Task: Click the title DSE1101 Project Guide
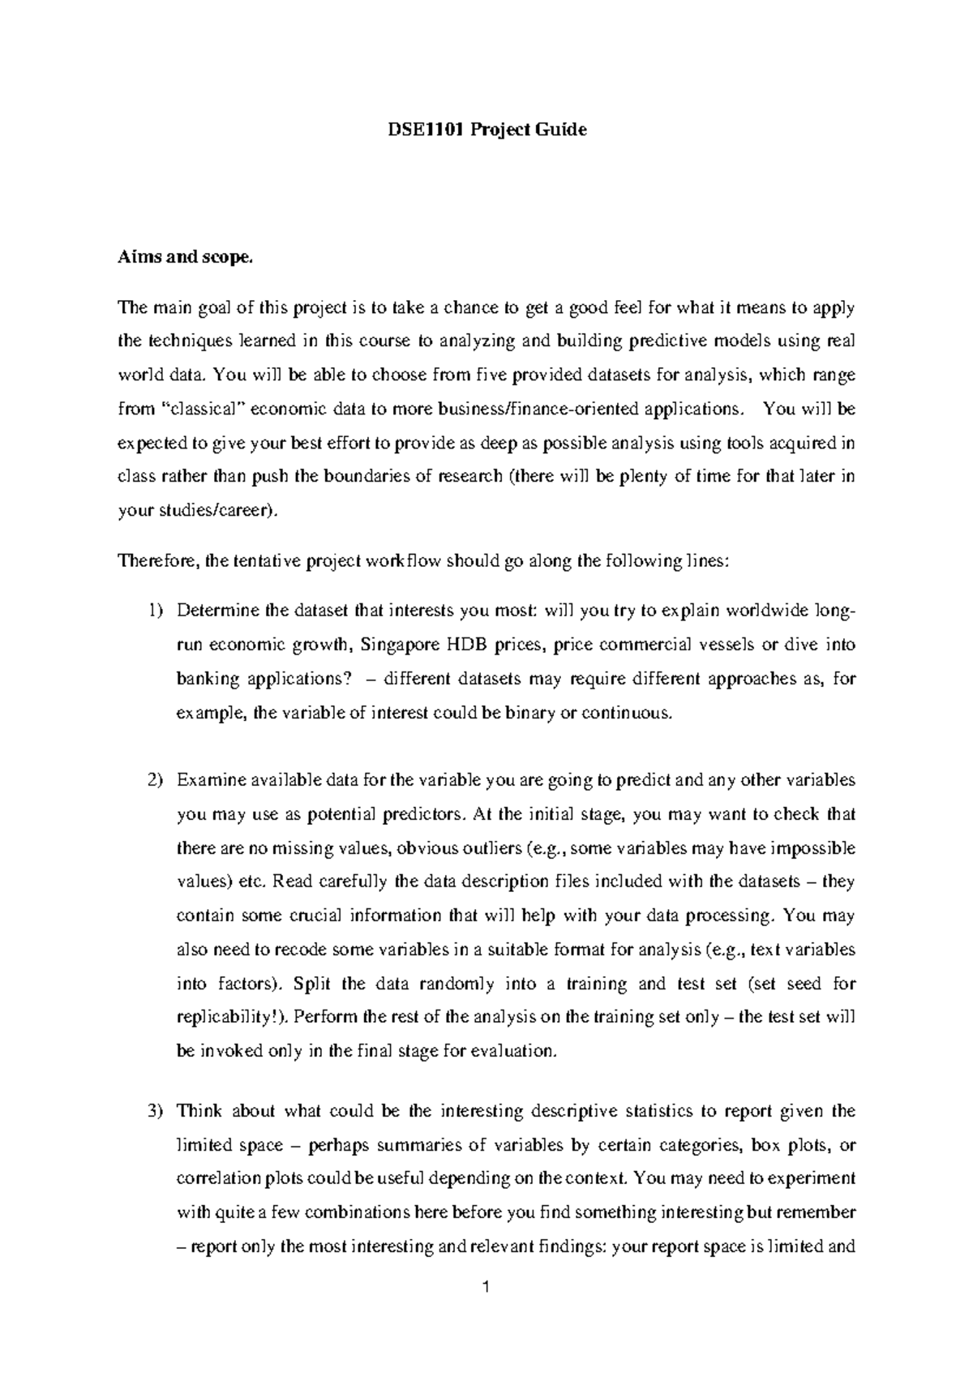click(x=486, y=130)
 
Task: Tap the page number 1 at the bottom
click(x=486, y=1287)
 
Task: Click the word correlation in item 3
click(x=218, y=1178)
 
